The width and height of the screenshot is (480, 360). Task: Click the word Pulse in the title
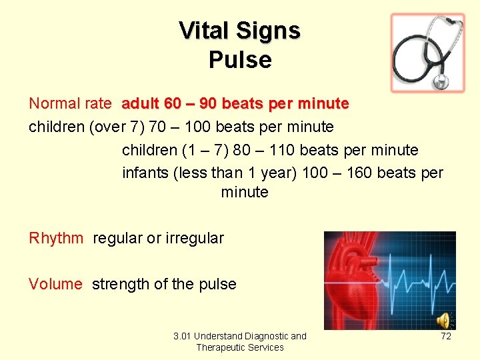[240, 60]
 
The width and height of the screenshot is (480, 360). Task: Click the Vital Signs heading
[240, 31]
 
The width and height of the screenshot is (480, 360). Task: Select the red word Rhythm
[56, 238]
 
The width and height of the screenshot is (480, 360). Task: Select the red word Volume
[55, 284]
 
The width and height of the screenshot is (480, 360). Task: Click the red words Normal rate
[70, 104]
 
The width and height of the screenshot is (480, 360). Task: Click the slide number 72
[446, 336]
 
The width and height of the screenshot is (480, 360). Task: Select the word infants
[145, 173]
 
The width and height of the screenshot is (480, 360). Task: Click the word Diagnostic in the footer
[267, 336]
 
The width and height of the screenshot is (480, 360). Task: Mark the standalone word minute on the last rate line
[245, 192]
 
